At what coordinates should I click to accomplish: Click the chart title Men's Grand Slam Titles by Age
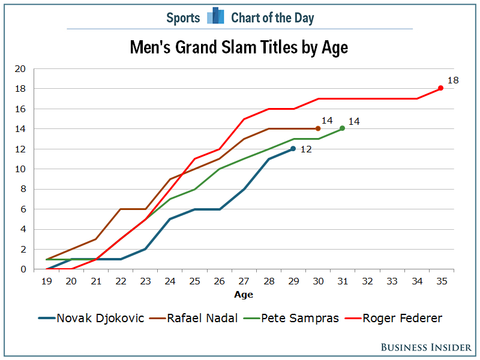coord(239,47)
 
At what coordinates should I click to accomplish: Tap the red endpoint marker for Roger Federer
coord(440,88)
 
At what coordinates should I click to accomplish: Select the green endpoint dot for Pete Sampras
coord(342,128)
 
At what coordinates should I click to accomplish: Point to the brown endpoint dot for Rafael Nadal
coord(317,128)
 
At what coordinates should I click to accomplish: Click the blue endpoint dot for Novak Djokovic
coord(293,148)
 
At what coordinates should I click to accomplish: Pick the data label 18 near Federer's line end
coord(453,80)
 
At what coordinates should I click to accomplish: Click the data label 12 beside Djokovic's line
coord(306,149)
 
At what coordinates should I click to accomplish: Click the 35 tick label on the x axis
coord(441,280)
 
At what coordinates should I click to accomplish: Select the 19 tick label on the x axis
coord(47,280)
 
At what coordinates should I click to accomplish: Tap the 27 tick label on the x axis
coord(244,280)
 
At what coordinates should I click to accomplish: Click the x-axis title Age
coord(244,295)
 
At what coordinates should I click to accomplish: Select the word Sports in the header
coord(183,18)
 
